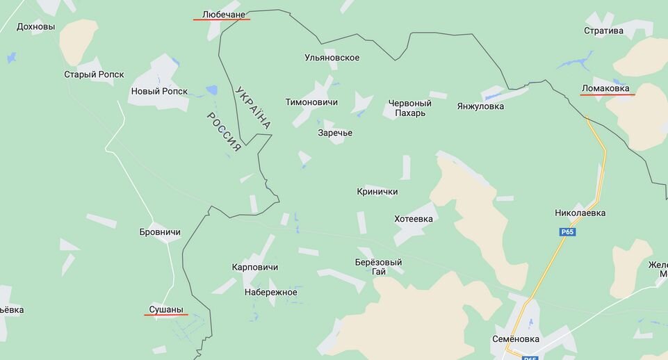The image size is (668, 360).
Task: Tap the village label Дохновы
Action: click(35, 27)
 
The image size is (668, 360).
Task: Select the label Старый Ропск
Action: click(94, 74)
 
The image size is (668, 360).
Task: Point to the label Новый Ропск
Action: click(159, 91)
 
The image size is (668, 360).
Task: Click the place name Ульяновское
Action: click(332, 58)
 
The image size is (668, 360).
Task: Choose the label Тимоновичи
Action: click(311, 102)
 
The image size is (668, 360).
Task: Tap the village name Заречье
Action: click(335, 133)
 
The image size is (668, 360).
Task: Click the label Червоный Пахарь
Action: click(409, 108)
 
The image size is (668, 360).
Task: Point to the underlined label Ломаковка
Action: click(607, 88)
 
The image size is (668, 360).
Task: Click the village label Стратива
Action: click(603, 31)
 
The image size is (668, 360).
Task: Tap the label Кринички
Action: click(377, 192)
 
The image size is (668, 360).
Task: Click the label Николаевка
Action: click(580, 213)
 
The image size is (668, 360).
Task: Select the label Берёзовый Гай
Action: click(378, 267)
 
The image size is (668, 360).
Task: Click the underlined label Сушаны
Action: click(166, 309)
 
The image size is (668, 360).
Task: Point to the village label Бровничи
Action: click(160, 231)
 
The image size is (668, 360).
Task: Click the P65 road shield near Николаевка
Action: click(567, 232)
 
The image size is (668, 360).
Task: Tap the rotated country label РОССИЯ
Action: click(224, 132)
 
